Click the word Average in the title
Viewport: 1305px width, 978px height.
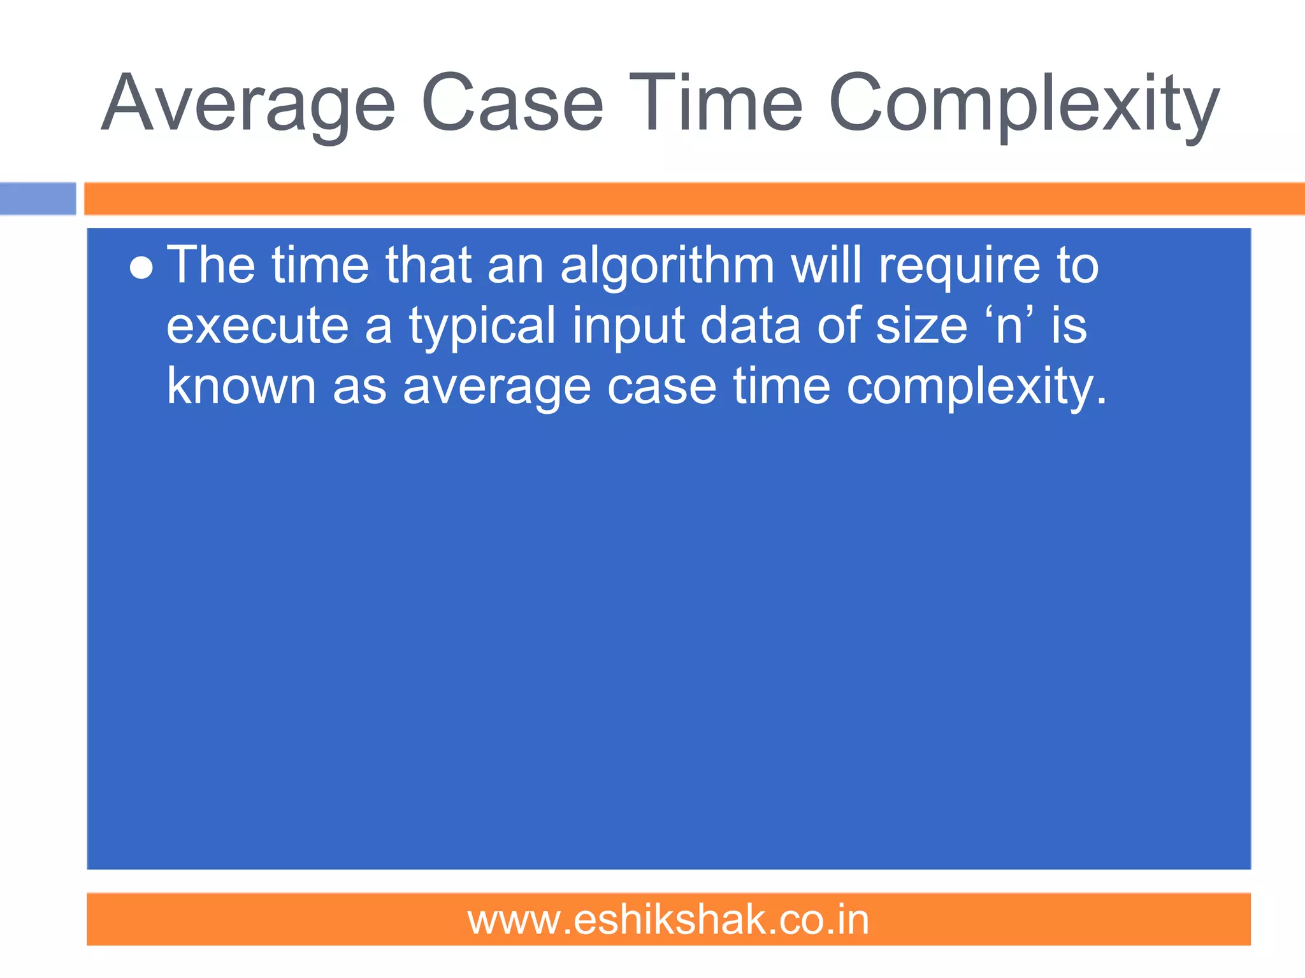(249, 105)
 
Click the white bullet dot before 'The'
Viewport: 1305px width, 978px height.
(141, 269)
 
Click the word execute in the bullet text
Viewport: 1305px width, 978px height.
(257, 326)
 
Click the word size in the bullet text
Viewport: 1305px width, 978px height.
(921, 326)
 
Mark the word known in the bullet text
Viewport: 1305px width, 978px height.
(241, 386)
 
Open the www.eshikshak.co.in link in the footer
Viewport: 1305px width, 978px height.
(668, 920)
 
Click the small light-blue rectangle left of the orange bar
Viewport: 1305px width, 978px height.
(38, 199)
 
